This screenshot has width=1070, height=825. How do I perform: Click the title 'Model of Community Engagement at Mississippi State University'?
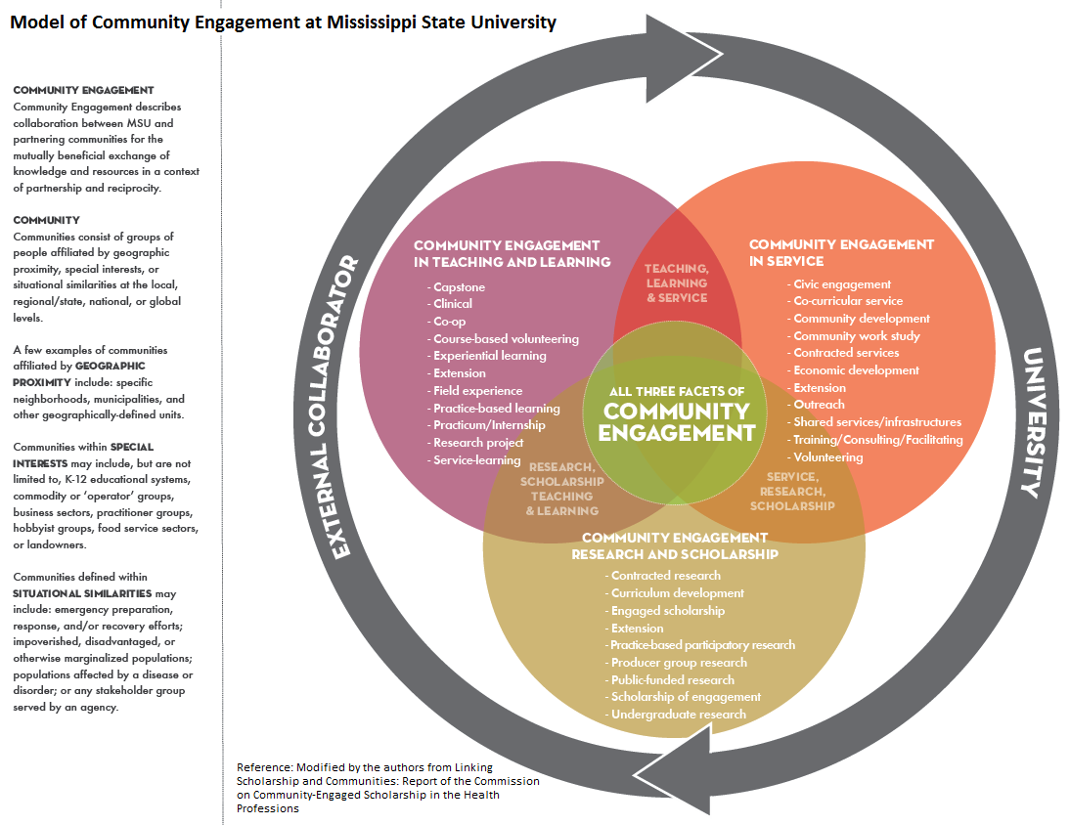[x=284, y=22]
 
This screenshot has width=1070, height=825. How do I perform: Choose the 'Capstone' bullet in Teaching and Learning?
[x=459, y=287]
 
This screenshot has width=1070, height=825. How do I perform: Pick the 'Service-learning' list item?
[x=476, y=459]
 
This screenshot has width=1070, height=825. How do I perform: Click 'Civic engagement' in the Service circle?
[x=841, y=283]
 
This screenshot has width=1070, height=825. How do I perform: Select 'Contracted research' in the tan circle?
[x=665, y=576]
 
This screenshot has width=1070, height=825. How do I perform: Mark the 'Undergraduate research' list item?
[x=678, y=714]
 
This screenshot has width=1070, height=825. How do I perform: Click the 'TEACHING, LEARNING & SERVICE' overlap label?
[x=677, y=282]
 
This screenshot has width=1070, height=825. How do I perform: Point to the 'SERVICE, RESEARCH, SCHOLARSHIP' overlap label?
[x=792, y=491]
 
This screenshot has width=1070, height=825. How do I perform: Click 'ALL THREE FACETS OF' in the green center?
[x=676, y=391]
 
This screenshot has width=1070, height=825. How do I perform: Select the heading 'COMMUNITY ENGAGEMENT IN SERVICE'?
[x=841, y=252]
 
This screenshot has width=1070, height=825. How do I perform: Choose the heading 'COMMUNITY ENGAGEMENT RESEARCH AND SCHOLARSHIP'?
[x=675, y=545]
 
